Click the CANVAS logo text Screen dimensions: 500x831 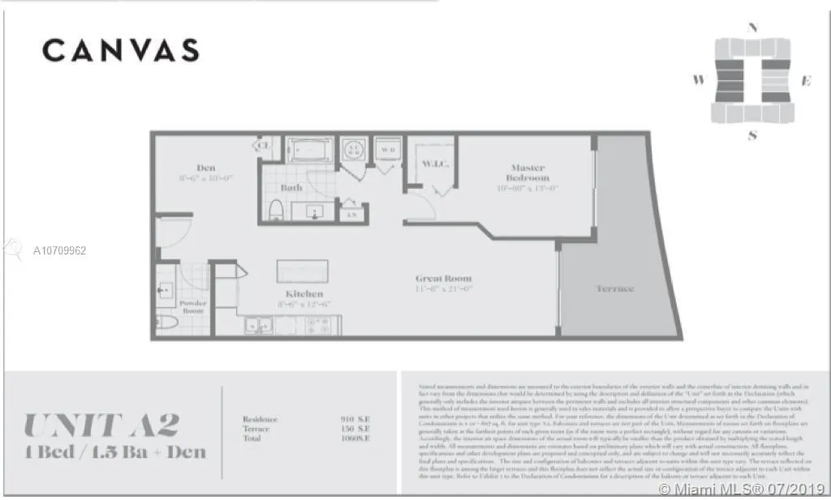[x=120, y=50]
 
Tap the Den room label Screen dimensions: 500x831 [x=206, y=168]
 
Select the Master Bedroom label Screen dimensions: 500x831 [x=528, y=173]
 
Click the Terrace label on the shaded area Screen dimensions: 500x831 [x=614, y=288]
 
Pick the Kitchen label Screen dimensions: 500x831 [x=304, y=293]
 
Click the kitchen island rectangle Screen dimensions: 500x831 [x=303, y=270]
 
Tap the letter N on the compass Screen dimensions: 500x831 [x=752, y=28]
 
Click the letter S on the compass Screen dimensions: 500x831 [x=752, y=135]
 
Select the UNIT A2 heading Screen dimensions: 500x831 [x=101, y=425]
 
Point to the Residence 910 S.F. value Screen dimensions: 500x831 [x=356, y=419]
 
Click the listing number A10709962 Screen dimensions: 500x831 [x=60, y=250]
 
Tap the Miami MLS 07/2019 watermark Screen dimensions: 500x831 [x=742, y=489]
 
